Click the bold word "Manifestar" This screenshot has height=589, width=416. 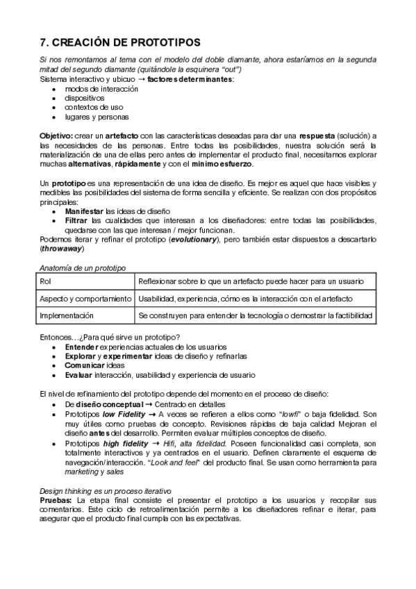pyautogui.click(x=85, y=211)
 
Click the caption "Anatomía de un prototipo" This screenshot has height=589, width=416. pyautogui.click(x=83, y=267)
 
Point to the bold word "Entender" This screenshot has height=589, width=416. pyautogui.click(x=81, y=346)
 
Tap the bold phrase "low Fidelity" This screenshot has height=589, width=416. pyautogui.click(x=127, y=414)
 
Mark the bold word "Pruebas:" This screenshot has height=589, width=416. pyautogui.click(x=58, y=500)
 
